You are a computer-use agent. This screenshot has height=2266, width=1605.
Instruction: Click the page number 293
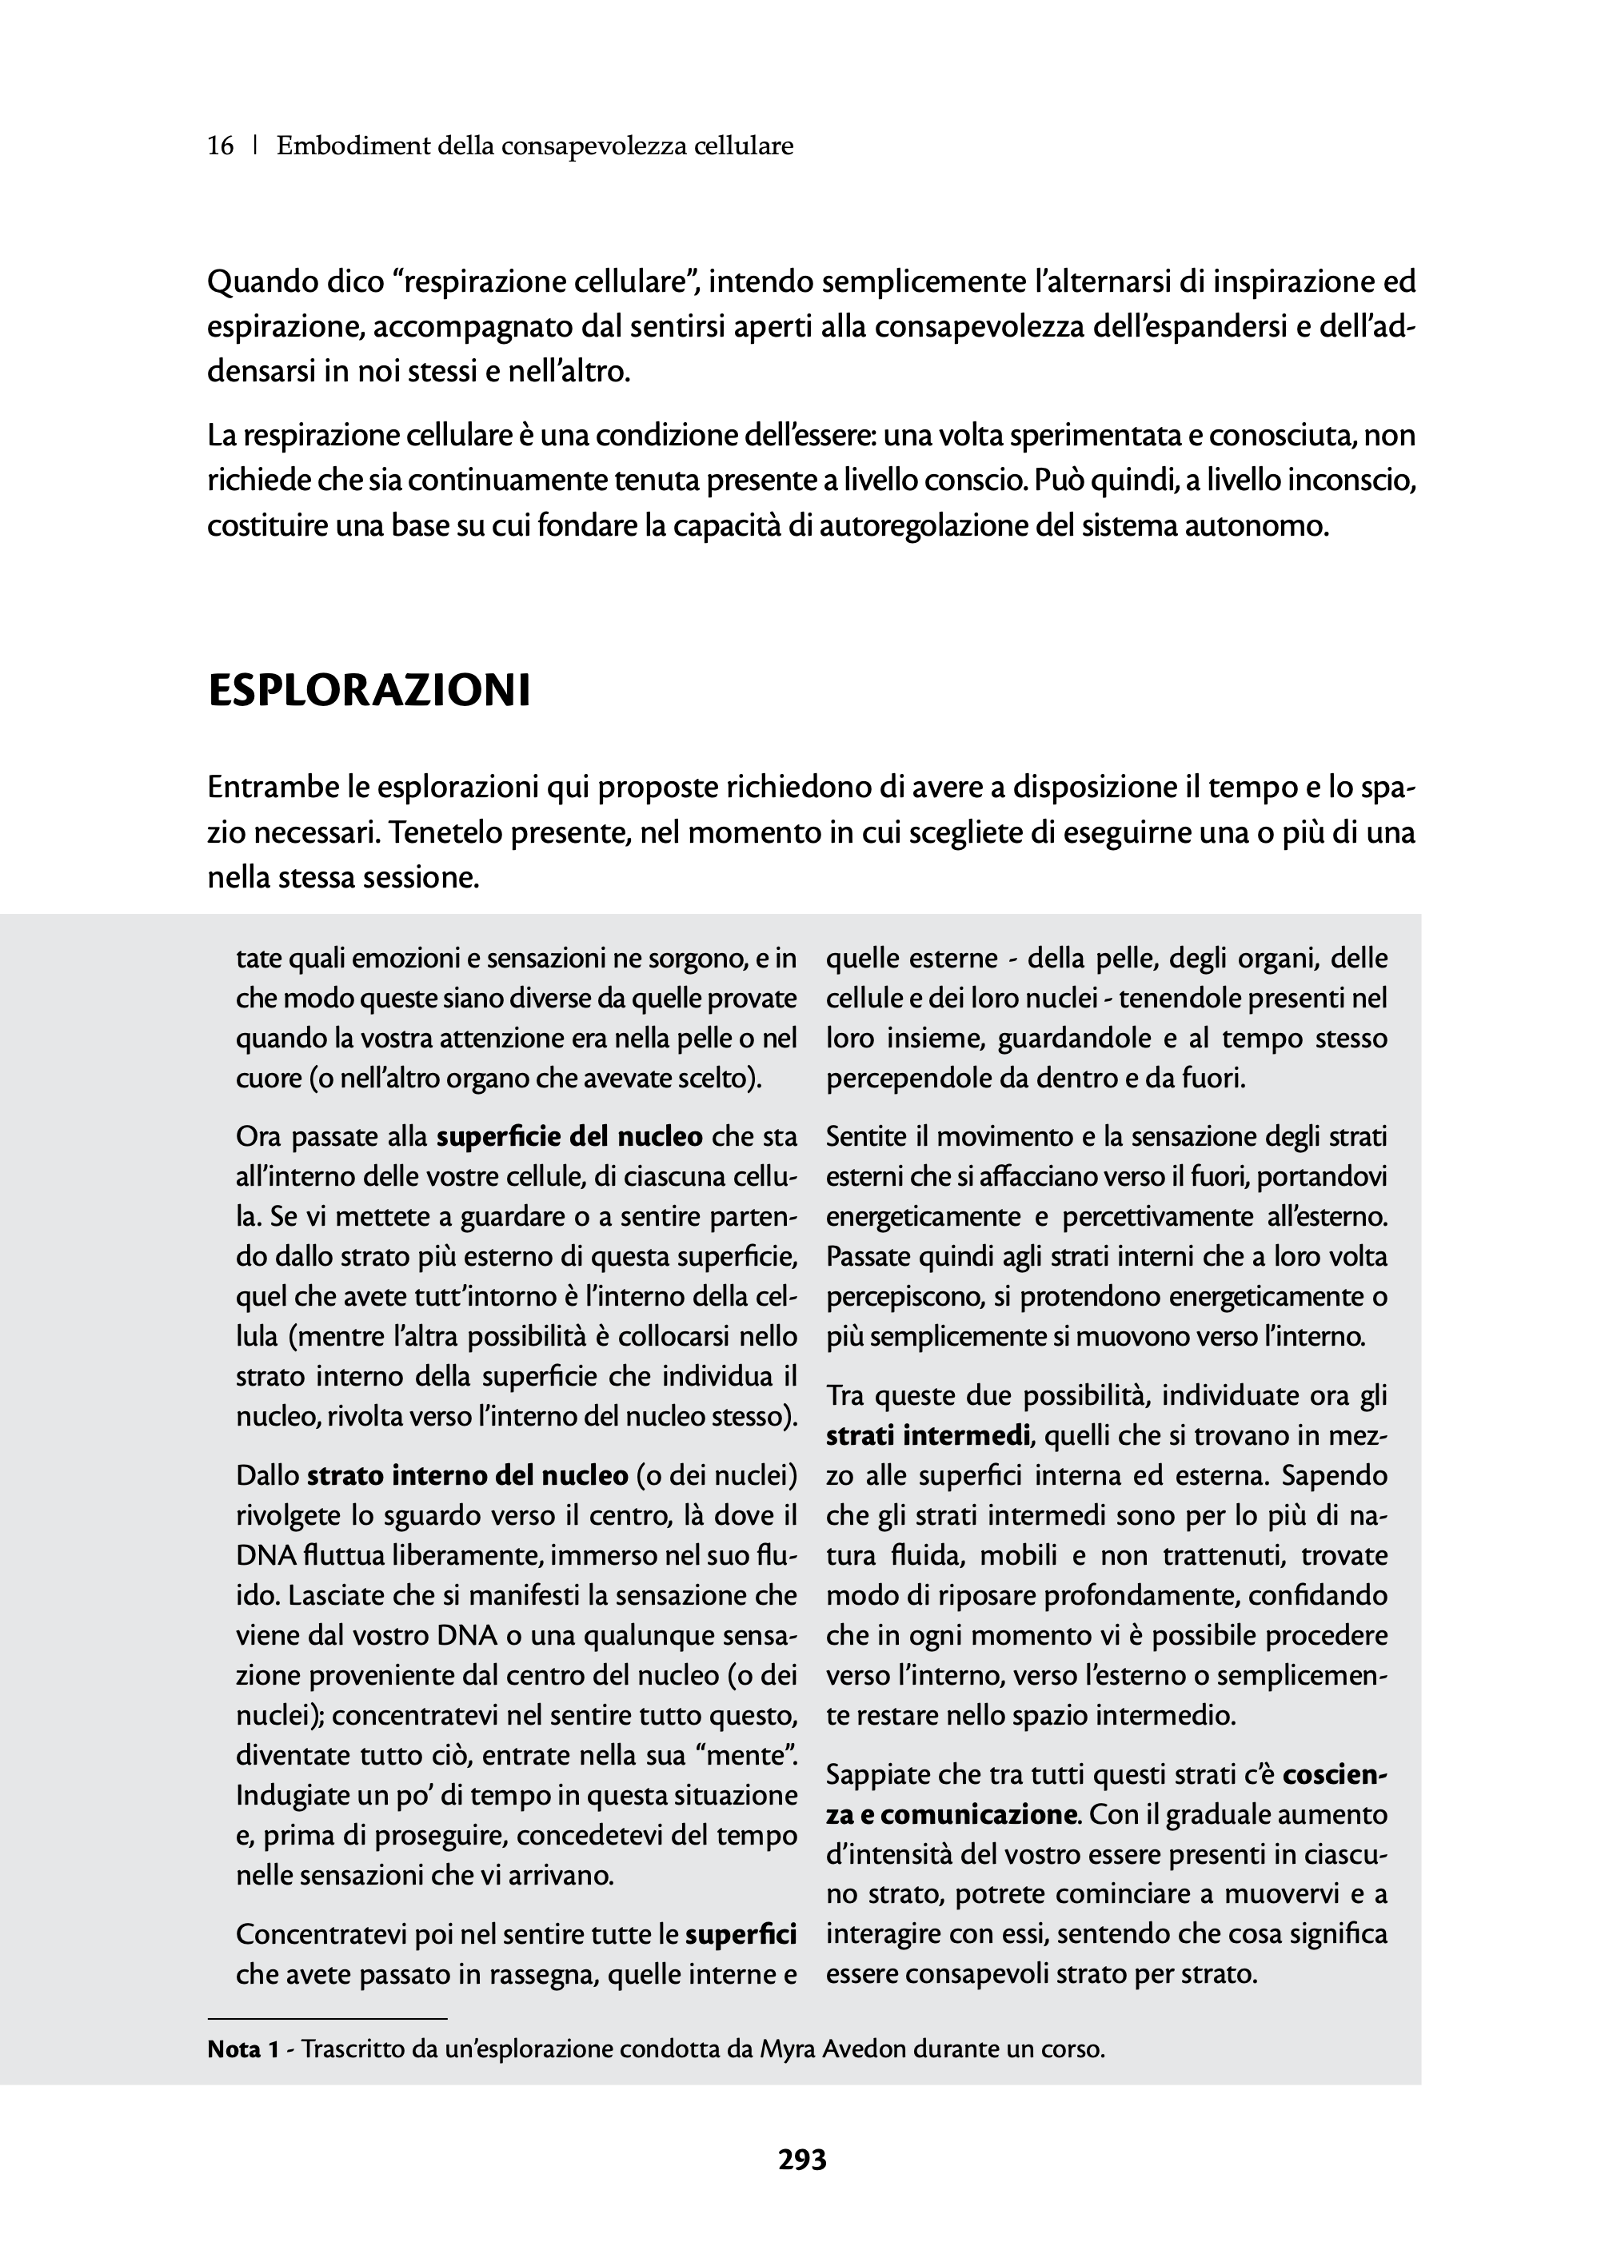click(801, 2160)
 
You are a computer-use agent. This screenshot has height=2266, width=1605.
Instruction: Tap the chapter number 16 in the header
click(221, 146)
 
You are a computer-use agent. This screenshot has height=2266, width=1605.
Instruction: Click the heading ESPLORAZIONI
click(369, 691)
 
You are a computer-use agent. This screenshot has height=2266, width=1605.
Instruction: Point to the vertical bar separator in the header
click(256, 146)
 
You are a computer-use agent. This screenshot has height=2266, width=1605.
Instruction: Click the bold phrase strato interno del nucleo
click(468, 1476)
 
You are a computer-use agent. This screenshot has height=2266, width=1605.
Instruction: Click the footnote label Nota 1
click(242, 2049)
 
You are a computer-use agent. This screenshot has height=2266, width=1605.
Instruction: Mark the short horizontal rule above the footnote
click(327, 2018)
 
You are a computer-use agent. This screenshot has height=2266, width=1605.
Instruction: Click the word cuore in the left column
click(267, 1078)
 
